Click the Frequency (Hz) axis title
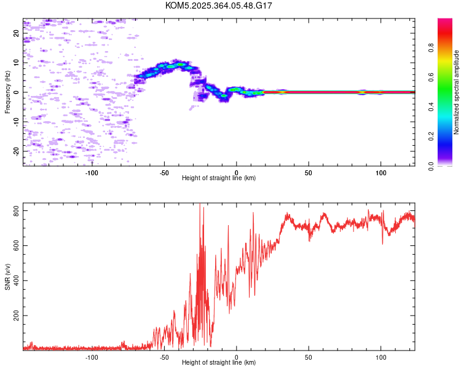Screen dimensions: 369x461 coord(7,92)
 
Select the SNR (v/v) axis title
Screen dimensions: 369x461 coord(7,276)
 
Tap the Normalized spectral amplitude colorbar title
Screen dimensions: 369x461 coord(457,92)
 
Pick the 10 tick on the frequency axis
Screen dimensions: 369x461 coord(17,63)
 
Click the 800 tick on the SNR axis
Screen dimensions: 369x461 coord(17,211)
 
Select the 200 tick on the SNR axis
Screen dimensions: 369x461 coord(17,315)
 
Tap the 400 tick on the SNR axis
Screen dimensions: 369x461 coord(17,280)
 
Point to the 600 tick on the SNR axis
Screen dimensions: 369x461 coord(17,246)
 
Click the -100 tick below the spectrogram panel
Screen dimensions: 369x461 coord(92,172)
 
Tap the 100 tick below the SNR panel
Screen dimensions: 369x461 coord(381,357)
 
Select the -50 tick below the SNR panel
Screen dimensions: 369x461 coord(164,357)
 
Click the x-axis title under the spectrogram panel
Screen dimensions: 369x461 coord(219,178)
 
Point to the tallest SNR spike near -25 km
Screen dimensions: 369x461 coord(200,206)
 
